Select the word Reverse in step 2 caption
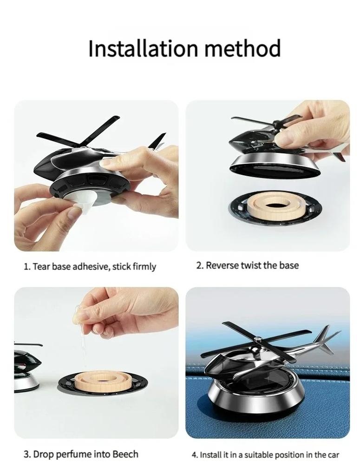[x=222, y=265]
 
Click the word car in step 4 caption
[x=334, y=455]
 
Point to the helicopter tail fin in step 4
[x=325, y=339]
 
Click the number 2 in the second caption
[x=199, y=265]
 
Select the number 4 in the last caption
[x=194, y=455]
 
